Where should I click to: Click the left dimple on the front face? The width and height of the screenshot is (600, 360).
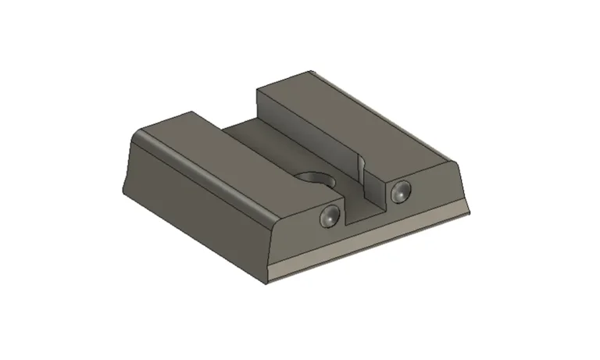pyautogui.click(x=330, y=218)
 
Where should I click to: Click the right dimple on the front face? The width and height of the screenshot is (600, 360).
pyautogui.click(x=401, y=190)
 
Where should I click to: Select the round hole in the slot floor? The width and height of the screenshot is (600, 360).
pyautogui.click(x=314, y=181)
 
